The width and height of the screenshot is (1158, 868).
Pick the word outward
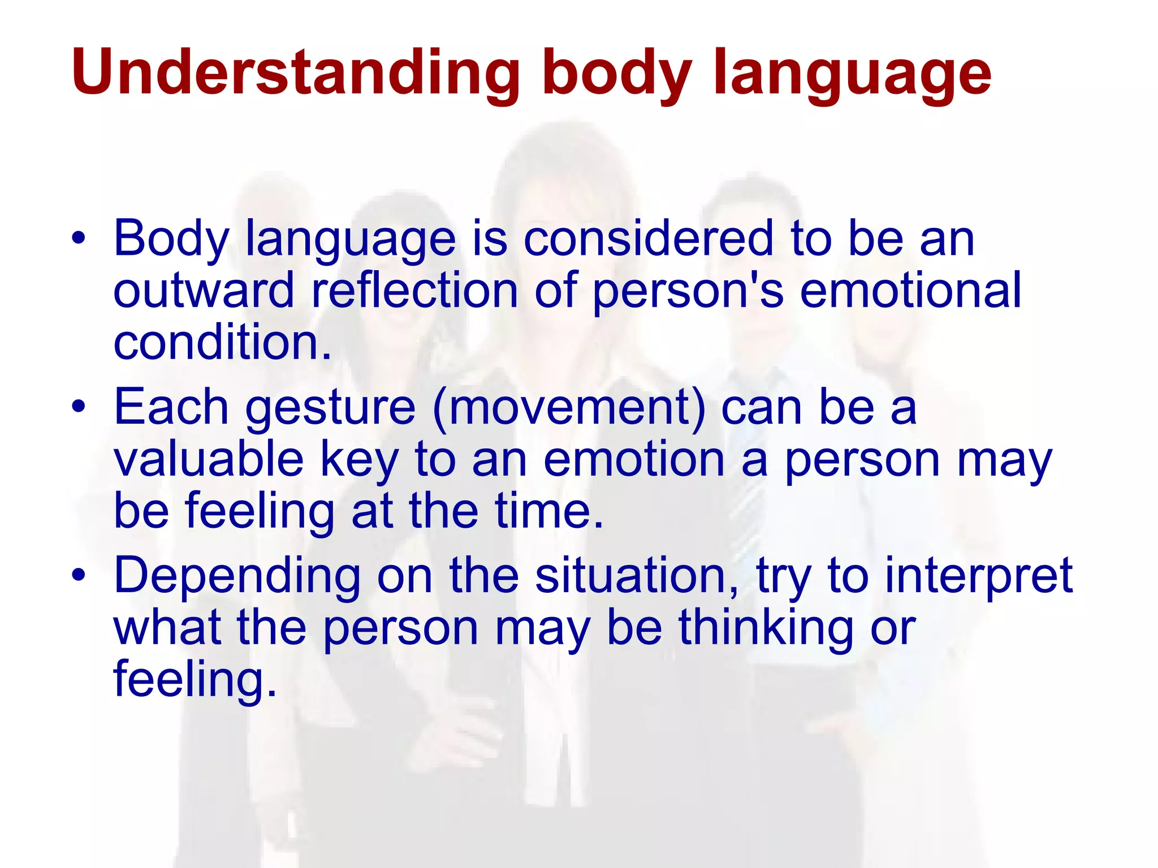click(204, 290)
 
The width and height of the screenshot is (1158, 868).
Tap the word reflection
click(414, 290)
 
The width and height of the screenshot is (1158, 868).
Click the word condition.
click(222, 342)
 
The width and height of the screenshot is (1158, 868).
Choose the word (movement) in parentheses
click(569, 407)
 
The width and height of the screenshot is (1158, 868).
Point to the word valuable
click(209, 458)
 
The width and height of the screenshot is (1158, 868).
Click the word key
click(360, 459)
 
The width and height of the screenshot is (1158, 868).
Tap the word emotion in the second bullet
click(633, 458)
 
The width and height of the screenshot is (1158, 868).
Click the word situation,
click(636, 575)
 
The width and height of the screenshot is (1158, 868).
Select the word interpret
click(978, 576)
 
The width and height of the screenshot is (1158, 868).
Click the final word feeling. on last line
click(195, 680)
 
